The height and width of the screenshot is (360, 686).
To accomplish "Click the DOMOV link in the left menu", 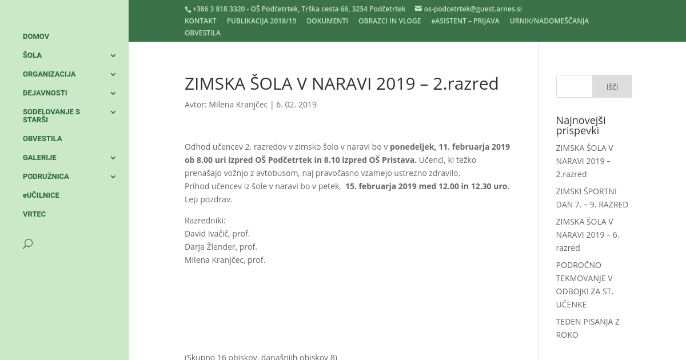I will click(36, 37).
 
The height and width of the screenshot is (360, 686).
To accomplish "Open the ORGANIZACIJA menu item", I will click(49, 74).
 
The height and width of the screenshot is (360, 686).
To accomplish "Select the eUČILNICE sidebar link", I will click(41, 195).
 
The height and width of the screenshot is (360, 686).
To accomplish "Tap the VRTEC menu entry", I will click(34, 214).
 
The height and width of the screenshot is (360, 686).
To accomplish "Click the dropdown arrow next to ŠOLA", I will click(113, 55).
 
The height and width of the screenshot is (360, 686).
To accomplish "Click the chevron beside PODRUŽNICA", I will click(113, 177).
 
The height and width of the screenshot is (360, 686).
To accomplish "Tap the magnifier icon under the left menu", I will click(27, 244).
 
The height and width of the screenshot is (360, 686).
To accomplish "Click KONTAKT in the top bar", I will click(200, 21).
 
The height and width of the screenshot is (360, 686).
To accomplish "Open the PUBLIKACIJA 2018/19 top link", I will click(261, 21).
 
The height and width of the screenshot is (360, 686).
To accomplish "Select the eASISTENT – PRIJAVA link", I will click(465, 21).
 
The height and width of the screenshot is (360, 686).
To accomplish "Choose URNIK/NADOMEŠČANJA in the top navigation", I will click(549, 21).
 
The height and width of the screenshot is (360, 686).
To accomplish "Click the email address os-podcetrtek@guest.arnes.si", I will click(472, 9).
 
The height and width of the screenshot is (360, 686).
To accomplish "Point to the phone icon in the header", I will click(188, 9).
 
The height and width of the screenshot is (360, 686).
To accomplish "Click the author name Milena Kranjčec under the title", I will click(238, 105).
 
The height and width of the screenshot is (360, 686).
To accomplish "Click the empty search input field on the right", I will click(575, 87).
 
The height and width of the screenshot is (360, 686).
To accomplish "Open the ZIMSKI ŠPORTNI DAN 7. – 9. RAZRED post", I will click(592, 198).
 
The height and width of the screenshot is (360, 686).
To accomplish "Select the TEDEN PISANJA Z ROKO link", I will click(588, 328).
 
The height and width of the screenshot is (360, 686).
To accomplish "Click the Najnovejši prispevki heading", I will click(580, 125).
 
